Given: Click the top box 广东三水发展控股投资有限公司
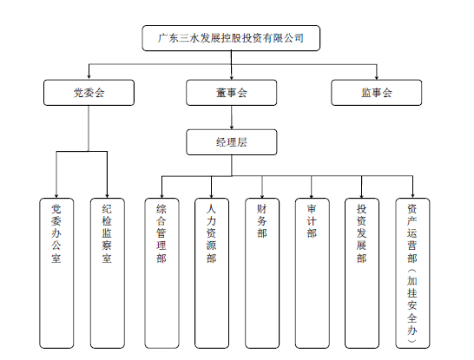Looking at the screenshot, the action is point(231,38).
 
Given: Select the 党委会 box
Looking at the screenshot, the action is point(89,93).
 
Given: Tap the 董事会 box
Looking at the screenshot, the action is point(232,93).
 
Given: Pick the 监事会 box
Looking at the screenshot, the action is point(377,93).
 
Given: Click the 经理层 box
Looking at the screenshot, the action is point(232,142).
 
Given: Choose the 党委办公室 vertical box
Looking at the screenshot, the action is point(56,273).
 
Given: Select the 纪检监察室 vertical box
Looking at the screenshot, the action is point(108,273).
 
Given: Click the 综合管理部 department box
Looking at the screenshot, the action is point(161,273).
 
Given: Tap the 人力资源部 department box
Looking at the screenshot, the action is point(212,273).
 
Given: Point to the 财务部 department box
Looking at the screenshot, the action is point(262,273).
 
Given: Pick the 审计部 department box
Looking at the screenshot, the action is point(313,273).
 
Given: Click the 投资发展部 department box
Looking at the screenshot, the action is point(362,273).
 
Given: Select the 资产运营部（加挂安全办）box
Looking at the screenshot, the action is point(412,273).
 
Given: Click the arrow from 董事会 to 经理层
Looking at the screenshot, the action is point(232,117).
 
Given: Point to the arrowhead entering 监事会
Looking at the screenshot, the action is point(377,77).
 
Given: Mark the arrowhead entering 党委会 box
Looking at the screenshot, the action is point(89,77).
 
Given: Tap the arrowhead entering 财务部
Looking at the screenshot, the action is point(262,196).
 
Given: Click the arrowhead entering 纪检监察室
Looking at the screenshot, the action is point(107,196).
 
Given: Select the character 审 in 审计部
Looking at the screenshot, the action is point(312,209).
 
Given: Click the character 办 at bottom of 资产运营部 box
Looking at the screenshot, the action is point(412,331).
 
